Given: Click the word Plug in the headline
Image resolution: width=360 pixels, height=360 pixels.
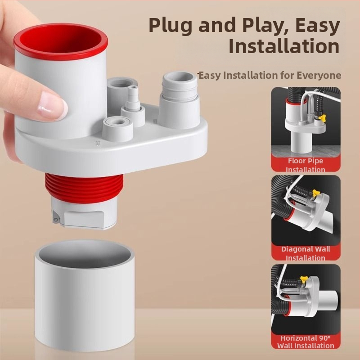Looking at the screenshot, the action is click(171, 25).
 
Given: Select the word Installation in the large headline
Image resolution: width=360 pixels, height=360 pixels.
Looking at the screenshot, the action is click(284, 46).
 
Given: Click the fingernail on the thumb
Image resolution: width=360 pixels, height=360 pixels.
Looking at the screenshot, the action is click(52, 106).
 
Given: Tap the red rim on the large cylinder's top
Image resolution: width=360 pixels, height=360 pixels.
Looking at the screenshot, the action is click(61, 42).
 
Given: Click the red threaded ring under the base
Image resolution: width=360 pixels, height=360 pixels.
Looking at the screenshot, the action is click(84, 188).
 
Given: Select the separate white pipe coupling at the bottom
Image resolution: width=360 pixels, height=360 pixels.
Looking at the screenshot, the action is click(85, 296).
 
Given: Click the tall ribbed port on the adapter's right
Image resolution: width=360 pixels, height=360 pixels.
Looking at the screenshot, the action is click(180, 99).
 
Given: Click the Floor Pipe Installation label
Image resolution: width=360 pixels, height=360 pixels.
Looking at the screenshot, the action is click(306, 165).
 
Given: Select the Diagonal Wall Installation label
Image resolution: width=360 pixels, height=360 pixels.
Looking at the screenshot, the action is click(306, 253).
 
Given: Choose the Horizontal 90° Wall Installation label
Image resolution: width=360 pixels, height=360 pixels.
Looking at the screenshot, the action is click(306, 342).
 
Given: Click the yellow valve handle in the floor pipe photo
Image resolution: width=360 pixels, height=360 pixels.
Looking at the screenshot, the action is click(322, 117).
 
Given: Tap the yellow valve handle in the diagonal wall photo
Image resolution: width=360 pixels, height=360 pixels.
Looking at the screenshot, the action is click(316, 193).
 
